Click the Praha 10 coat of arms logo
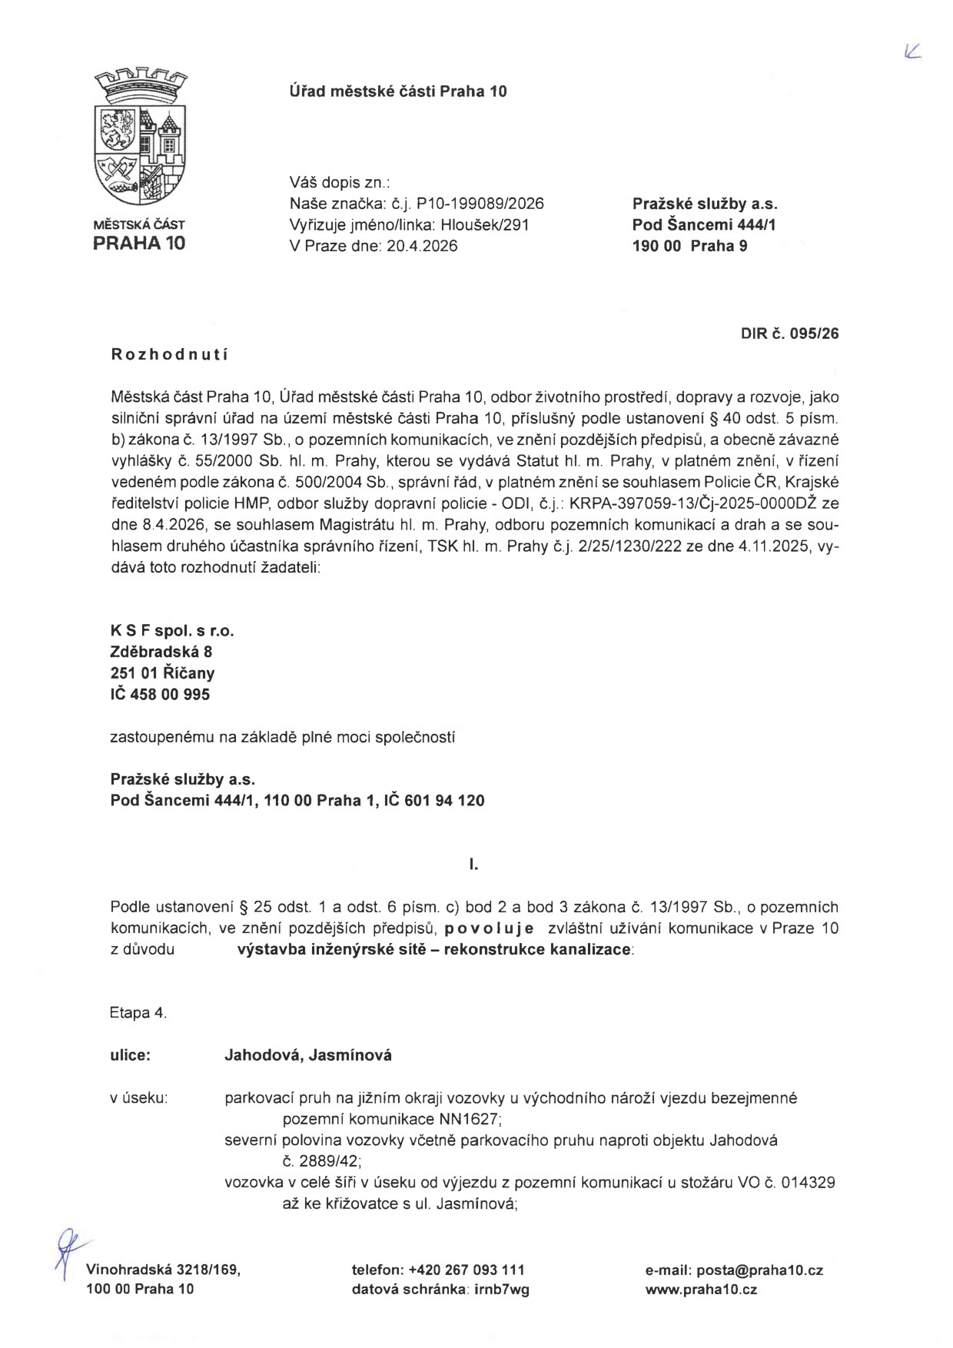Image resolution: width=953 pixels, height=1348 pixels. coord(139,138)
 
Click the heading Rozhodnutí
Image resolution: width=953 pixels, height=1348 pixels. coord(170,354)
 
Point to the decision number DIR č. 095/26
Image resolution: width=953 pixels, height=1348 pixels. coord(789,334)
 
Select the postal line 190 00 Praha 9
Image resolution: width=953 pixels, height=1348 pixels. coord(689,246)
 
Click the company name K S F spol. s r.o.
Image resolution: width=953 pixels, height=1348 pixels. coord(172,631)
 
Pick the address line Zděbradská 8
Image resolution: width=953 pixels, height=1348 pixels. coord(161,652)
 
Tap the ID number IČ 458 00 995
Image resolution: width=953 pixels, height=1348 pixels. coord(160,694)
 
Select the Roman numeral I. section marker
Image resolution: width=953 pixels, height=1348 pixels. coord(474,865)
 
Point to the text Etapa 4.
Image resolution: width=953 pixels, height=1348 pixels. coord(138,1013)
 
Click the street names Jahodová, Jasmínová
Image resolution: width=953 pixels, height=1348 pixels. coord(307,1055)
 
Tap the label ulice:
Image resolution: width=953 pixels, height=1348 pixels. coord(131,1055)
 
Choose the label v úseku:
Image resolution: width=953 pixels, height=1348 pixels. coord(139,1097)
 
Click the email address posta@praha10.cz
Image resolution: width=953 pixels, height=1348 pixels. coord(759,1270)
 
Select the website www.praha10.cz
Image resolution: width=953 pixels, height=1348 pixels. coord(701,1290)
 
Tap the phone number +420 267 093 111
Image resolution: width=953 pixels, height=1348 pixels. coord(467,1270)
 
